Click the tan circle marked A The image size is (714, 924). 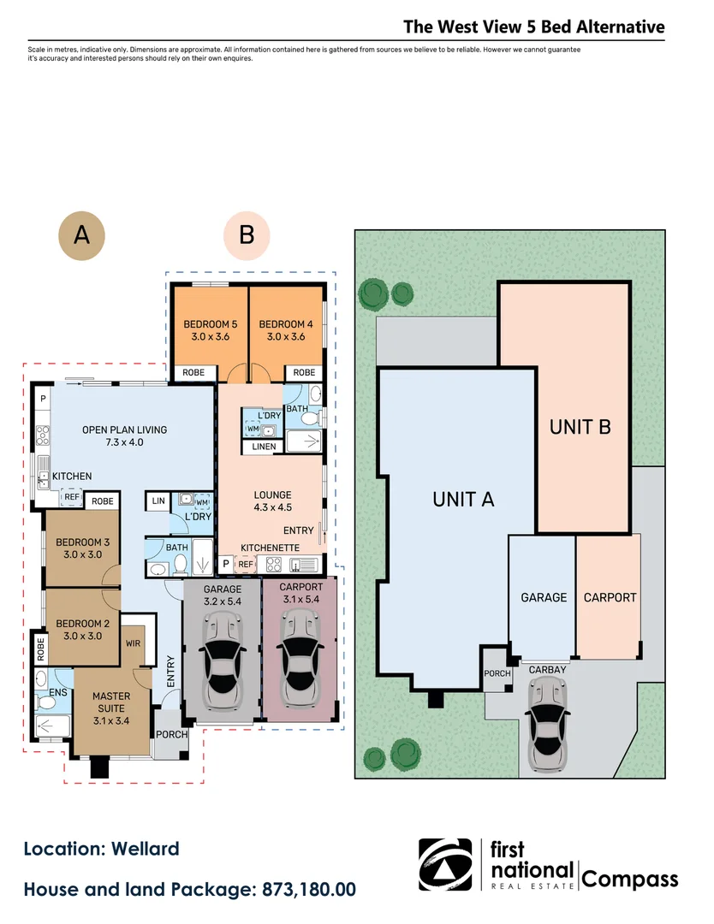tap(81, 234)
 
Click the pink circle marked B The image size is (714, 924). tap(247, 234)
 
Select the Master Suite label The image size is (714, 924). tap(110, 702)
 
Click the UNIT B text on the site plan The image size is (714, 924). tap(580, 426)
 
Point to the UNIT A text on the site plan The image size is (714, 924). tap(463, 500)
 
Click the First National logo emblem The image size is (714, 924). tap(444, 865)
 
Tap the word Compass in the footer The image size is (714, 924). tap(630, 879)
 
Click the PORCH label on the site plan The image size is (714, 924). tap(497, 673)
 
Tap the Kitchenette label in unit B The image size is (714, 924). tap(269, 546)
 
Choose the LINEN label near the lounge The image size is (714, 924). tap(264, 447)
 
